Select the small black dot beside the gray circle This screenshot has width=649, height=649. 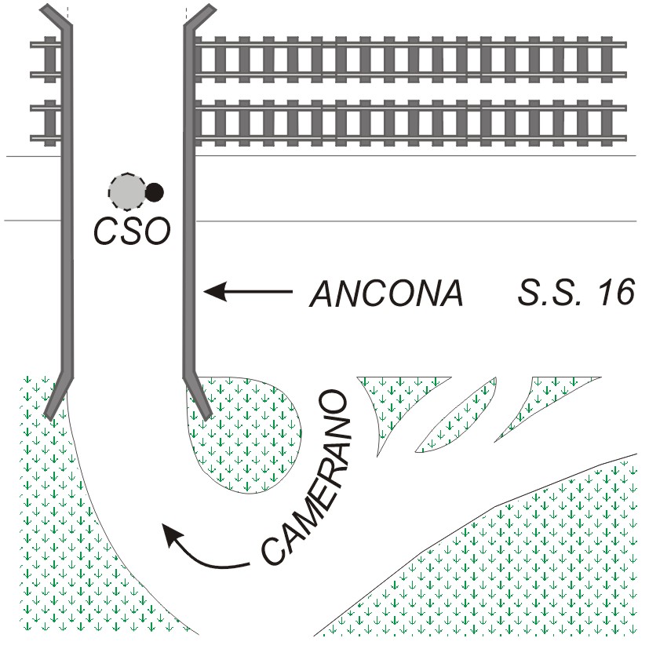(x=155, y=190)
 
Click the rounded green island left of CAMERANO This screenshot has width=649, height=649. (x=247, y=439)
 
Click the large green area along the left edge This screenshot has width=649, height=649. (x=63, y=510)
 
